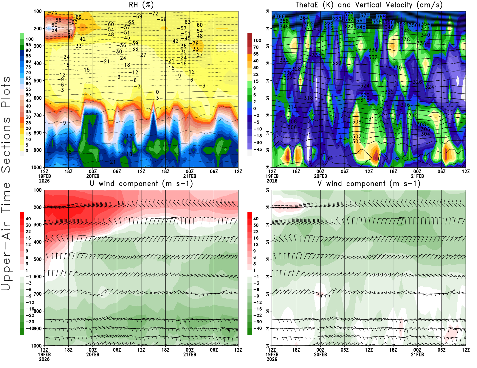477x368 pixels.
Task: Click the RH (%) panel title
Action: (141, 5)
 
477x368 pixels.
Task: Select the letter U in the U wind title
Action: (92, 183)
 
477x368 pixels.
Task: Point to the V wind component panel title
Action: (369, 183)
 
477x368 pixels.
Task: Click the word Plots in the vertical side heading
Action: (6, 92)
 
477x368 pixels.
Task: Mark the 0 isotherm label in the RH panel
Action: (157, 92)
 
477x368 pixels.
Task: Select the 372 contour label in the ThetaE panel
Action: (349, 14)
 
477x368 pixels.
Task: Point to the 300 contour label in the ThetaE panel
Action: (357, 141)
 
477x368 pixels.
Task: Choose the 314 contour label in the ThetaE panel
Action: (292, 107)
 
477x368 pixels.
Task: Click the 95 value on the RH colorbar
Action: (28, 45)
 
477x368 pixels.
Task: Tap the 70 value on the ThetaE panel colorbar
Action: (256, 47)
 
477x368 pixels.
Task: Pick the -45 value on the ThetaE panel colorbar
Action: (258, 149)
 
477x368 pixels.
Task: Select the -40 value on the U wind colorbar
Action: (30, 328)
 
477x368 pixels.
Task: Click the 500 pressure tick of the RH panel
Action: (38, 80)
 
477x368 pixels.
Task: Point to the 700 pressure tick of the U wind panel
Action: (38, 294)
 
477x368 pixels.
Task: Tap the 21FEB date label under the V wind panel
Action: (417, 355)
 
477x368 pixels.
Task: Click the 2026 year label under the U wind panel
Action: (44, 359)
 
